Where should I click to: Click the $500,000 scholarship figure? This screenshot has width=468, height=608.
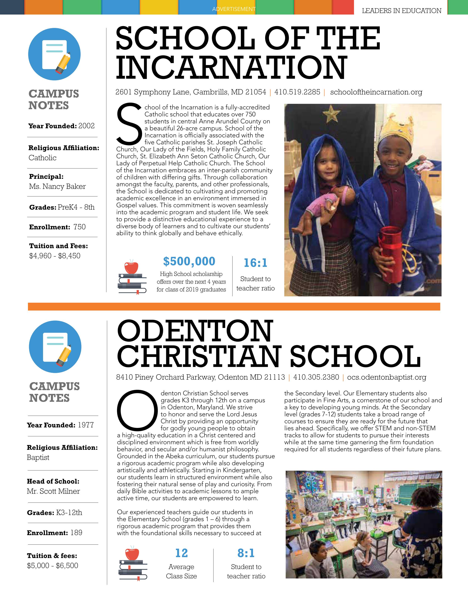tap(189, 261)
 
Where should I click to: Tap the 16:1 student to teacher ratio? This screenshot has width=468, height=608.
tap(255, 263)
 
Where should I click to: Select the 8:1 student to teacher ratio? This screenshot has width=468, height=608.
tap(246, 553)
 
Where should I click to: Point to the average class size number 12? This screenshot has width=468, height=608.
tap(181, 553)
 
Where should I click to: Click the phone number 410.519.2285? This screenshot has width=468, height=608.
tap(297, 92)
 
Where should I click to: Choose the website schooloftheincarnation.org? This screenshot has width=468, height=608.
tap(376, 92)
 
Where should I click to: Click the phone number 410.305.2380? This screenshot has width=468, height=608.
tap(316, 377)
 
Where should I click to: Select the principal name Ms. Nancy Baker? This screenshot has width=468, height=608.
tap(57, 187)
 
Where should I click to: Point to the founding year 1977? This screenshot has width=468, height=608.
tap(86, 425)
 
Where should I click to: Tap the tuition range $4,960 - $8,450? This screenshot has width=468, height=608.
tap(55, 256)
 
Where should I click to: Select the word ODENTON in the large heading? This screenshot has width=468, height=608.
tap(195, 331)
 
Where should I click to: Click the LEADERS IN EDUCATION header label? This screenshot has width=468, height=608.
tap(401, 11)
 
